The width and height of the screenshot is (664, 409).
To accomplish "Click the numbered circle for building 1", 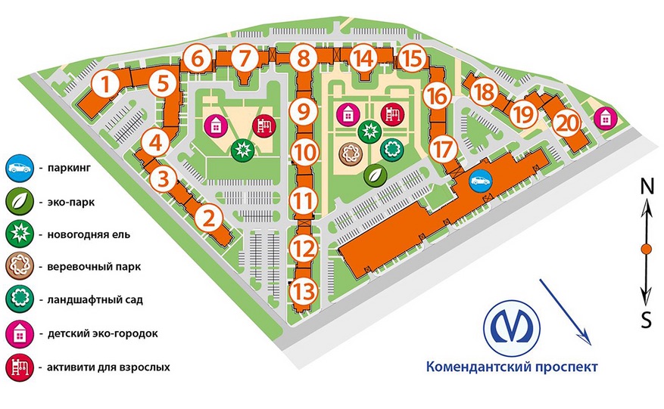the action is [x=105, y=84].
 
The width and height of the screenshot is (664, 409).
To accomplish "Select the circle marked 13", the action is [x=304, y=291].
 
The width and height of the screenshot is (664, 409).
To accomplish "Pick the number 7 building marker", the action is [x=244, y=58].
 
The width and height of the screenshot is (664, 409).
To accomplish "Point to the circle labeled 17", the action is [x=444, y=149].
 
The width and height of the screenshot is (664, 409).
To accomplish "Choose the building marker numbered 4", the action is [x=156, y=143].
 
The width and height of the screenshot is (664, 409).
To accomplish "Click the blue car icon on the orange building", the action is [x=481, y=181].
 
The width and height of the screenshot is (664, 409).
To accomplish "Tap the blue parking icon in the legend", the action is [x=20, y=168].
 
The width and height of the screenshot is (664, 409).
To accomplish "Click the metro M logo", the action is [x=512, y=327].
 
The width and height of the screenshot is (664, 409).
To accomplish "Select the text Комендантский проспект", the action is [x=512, y=366].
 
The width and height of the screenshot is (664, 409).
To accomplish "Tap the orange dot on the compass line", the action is [x=647, y=249].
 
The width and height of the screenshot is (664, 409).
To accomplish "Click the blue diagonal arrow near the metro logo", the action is [x=565, y=311].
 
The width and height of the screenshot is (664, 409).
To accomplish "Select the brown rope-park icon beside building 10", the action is [x=351, y=154].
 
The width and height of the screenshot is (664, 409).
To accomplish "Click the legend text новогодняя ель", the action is [x=89, y=234].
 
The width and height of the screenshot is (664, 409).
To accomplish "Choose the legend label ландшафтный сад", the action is [x=95, y=300].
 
